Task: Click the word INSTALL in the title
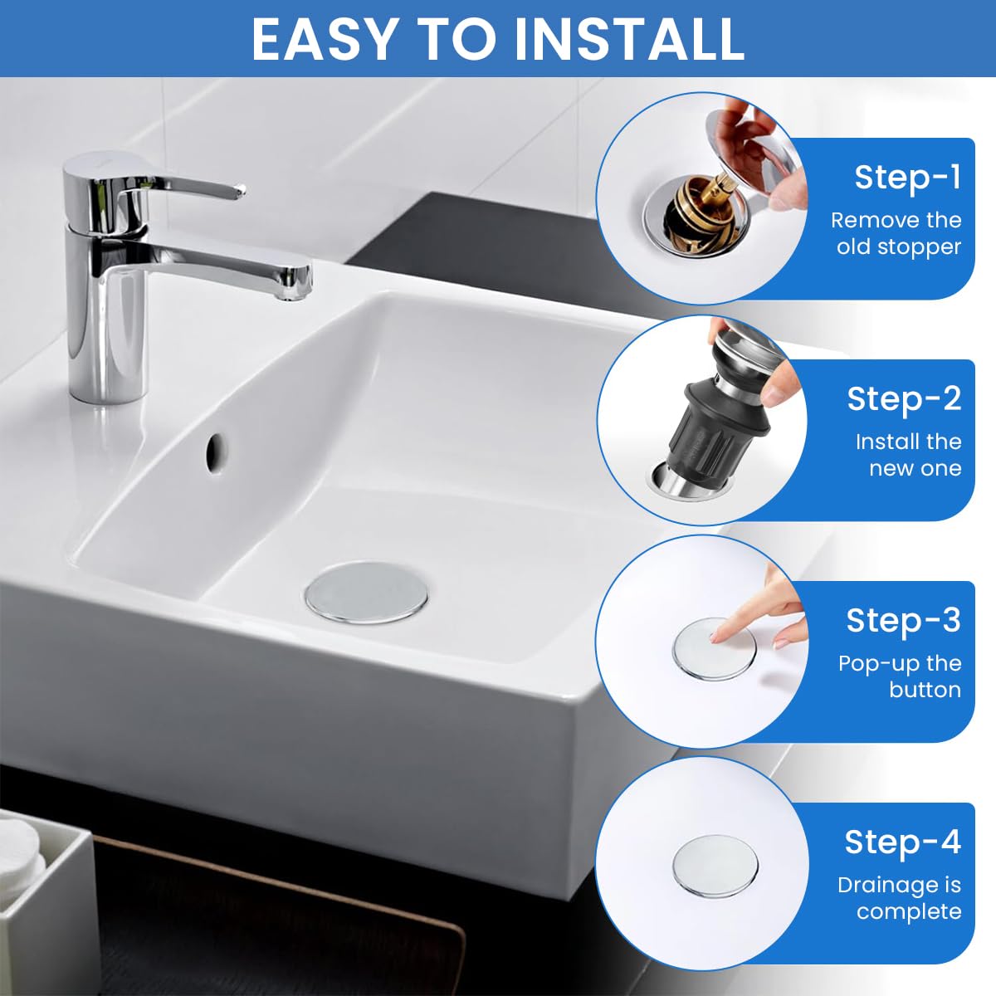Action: click(x=629, y=38)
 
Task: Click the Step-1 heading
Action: click(x=907, y=178)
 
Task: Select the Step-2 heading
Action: click(x=903, y=399)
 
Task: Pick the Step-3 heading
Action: click(x=903, y=621)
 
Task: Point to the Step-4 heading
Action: click(x=902, y=842)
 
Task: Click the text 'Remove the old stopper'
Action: click(x=896, y=233)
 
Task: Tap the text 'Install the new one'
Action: click(x=908, y=455)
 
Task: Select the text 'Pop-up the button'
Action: click(x=900, y=676)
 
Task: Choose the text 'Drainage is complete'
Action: click(x=900, y=898)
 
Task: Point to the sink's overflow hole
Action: click(x=217, y=451)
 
